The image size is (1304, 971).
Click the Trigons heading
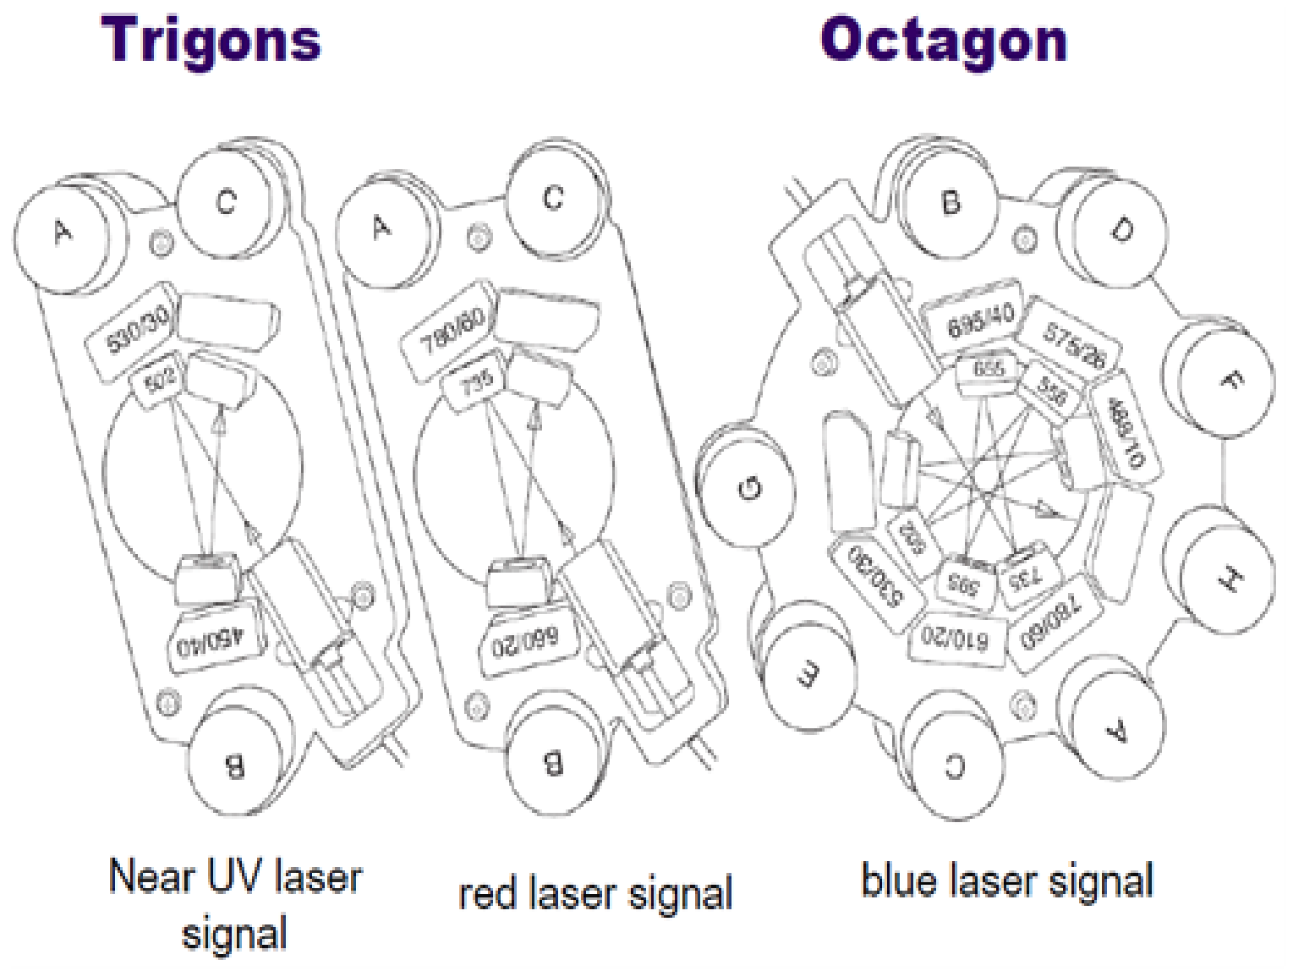pyautogui.click(x=211, y=39)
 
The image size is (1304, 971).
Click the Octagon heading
pyautogui.click(x=943, y=39)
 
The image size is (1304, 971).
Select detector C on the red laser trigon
pyautogui.click(x=552, y=199)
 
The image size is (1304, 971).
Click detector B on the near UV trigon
pyautogui.click(x=233, y=764)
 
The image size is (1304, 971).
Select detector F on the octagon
pyautogui.click(x=1228, y=381)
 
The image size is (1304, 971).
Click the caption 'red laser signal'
pyautogui.click(x=594, y=893)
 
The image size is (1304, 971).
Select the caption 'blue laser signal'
pyautogui.click(x=1006, y=880)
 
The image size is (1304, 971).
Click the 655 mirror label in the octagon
pyautogui.click(x=987, y=370)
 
